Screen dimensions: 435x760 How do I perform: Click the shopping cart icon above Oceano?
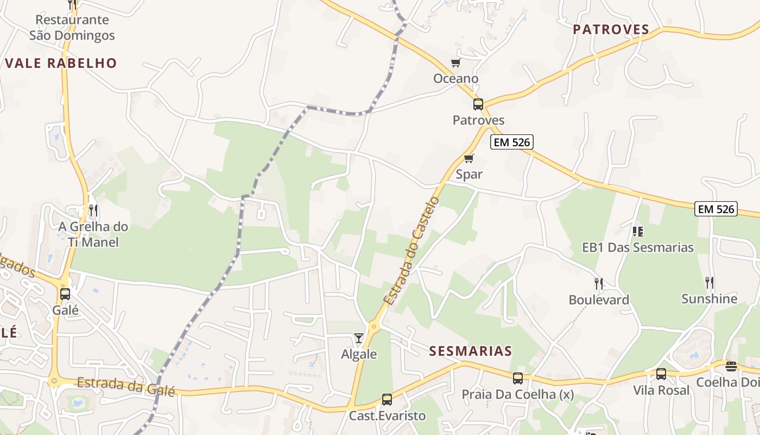click(455, 63)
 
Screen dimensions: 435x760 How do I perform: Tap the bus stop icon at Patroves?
click(478, 104)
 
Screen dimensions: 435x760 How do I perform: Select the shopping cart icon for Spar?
click(469, 159)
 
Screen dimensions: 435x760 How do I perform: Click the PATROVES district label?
click(611, 30)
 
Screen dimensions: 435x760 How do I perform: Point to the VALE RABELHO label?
click(61, 63)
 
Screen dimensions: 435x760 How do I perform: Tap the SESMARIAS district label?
click(471, 351)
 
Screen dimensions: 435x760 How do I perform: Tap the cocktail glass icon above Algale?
click(359, 338)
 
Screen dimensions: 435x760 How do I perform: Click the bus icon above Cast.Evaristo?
click(387, 400)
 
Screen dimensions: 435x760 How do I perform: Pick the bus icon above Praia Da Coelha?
click(518, 378)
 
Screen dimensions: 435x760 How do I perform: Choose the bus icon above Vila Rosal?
click(661, 374)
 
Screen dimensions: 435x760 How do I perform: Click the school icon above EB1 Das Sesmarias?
click(638, 232)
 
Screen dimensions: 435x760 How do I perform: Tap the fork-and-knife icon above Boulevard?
click(599, 284)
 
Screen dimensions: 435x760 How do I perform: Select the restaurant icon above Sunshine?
click(709, 283)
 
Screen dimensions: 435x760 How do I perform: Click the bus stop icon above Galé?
click(65, 294)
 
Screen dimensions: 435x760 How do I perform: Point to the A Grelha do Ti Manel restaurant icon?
click(93, 210)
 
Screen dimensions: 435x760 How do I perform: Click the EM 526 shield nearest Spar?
click(512, 142)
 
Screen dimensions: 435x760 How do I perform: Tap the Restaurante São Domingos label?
click(72, 28)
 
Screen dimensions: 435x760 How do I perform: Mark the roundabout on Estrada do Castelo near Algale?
click(373, 327)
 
